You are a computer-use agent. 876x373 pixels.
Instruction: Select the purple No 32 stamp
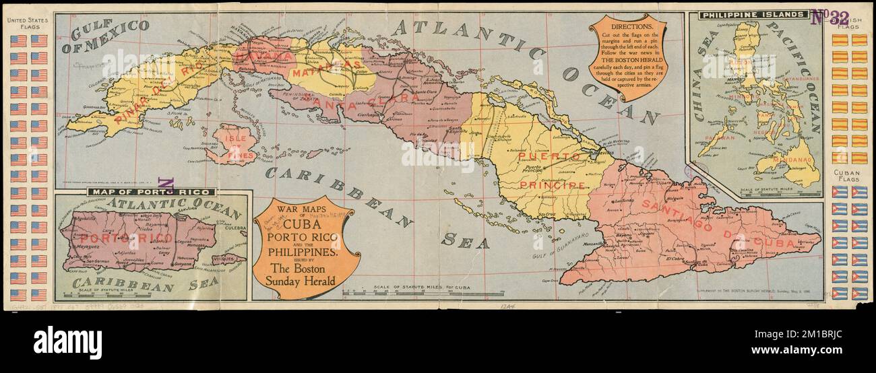830,18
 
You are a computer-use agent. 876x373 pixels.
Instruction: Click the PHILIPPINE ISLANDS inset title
753,14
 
